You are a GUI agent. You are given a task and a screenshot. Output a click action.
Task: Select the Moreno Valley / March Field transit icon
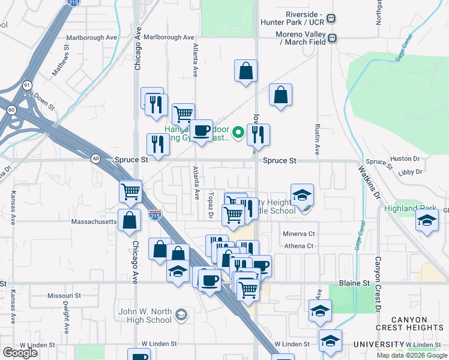coord(332,38)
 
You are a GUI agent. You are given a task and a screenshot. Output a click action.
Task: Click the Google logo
coord(20,353)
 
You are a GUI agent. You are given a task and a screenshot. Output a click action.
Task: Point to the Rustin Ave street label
coord(316,137)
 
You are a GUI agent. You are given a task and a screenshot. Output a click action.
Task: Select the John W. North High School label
coord(145,315)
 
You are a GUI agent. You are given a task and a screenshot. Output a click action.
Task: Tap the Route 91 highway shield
coord(28,86)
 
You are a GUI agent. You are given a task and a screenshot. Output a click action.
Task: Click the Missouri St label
coord(64,296)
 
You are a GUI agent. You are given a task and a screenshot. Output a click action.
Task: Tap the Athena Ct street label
coord(298,245)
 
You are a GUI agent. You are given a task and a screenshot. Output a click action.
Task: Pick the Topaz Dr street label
coord(211,205)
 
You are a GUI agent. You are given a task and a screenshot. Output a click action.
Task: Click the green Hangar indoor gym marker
coord(238,133)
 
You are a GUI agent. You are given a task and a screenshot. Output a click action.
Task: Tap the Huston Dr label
coord(404,158)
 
